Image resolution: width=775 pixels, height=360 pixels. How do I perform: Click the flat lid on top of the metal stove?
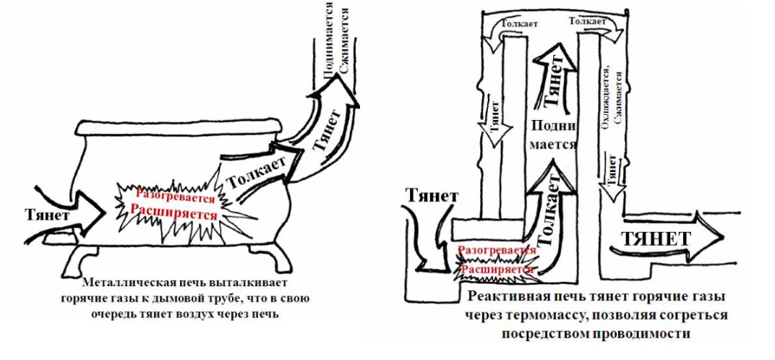[x=179, y=127]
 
